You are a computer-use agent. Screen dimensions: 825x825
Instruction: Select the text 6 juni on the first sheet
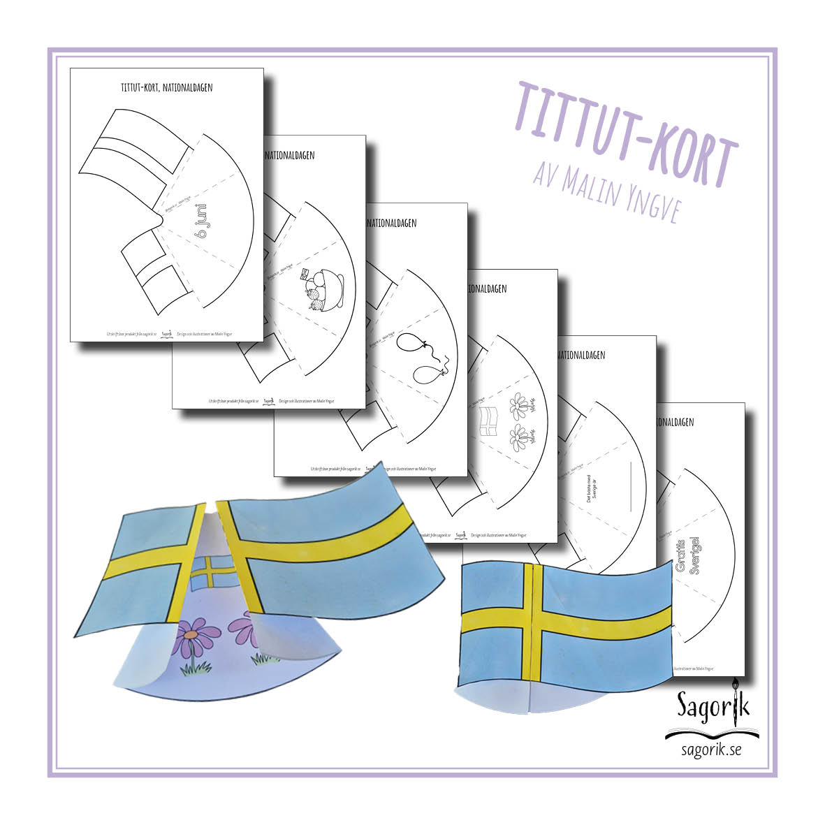203,221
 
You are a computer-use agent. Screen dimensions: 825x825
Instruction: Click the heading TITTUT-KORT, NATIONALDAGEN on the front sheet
166,88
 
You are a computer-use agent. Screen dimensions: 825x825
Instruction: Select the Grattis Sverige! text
687,555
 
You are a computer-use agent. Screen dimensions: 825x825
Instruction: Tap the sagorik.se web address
711,750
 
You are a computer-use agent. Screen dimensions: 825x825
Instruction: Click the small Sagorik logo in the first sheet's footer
166,334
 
